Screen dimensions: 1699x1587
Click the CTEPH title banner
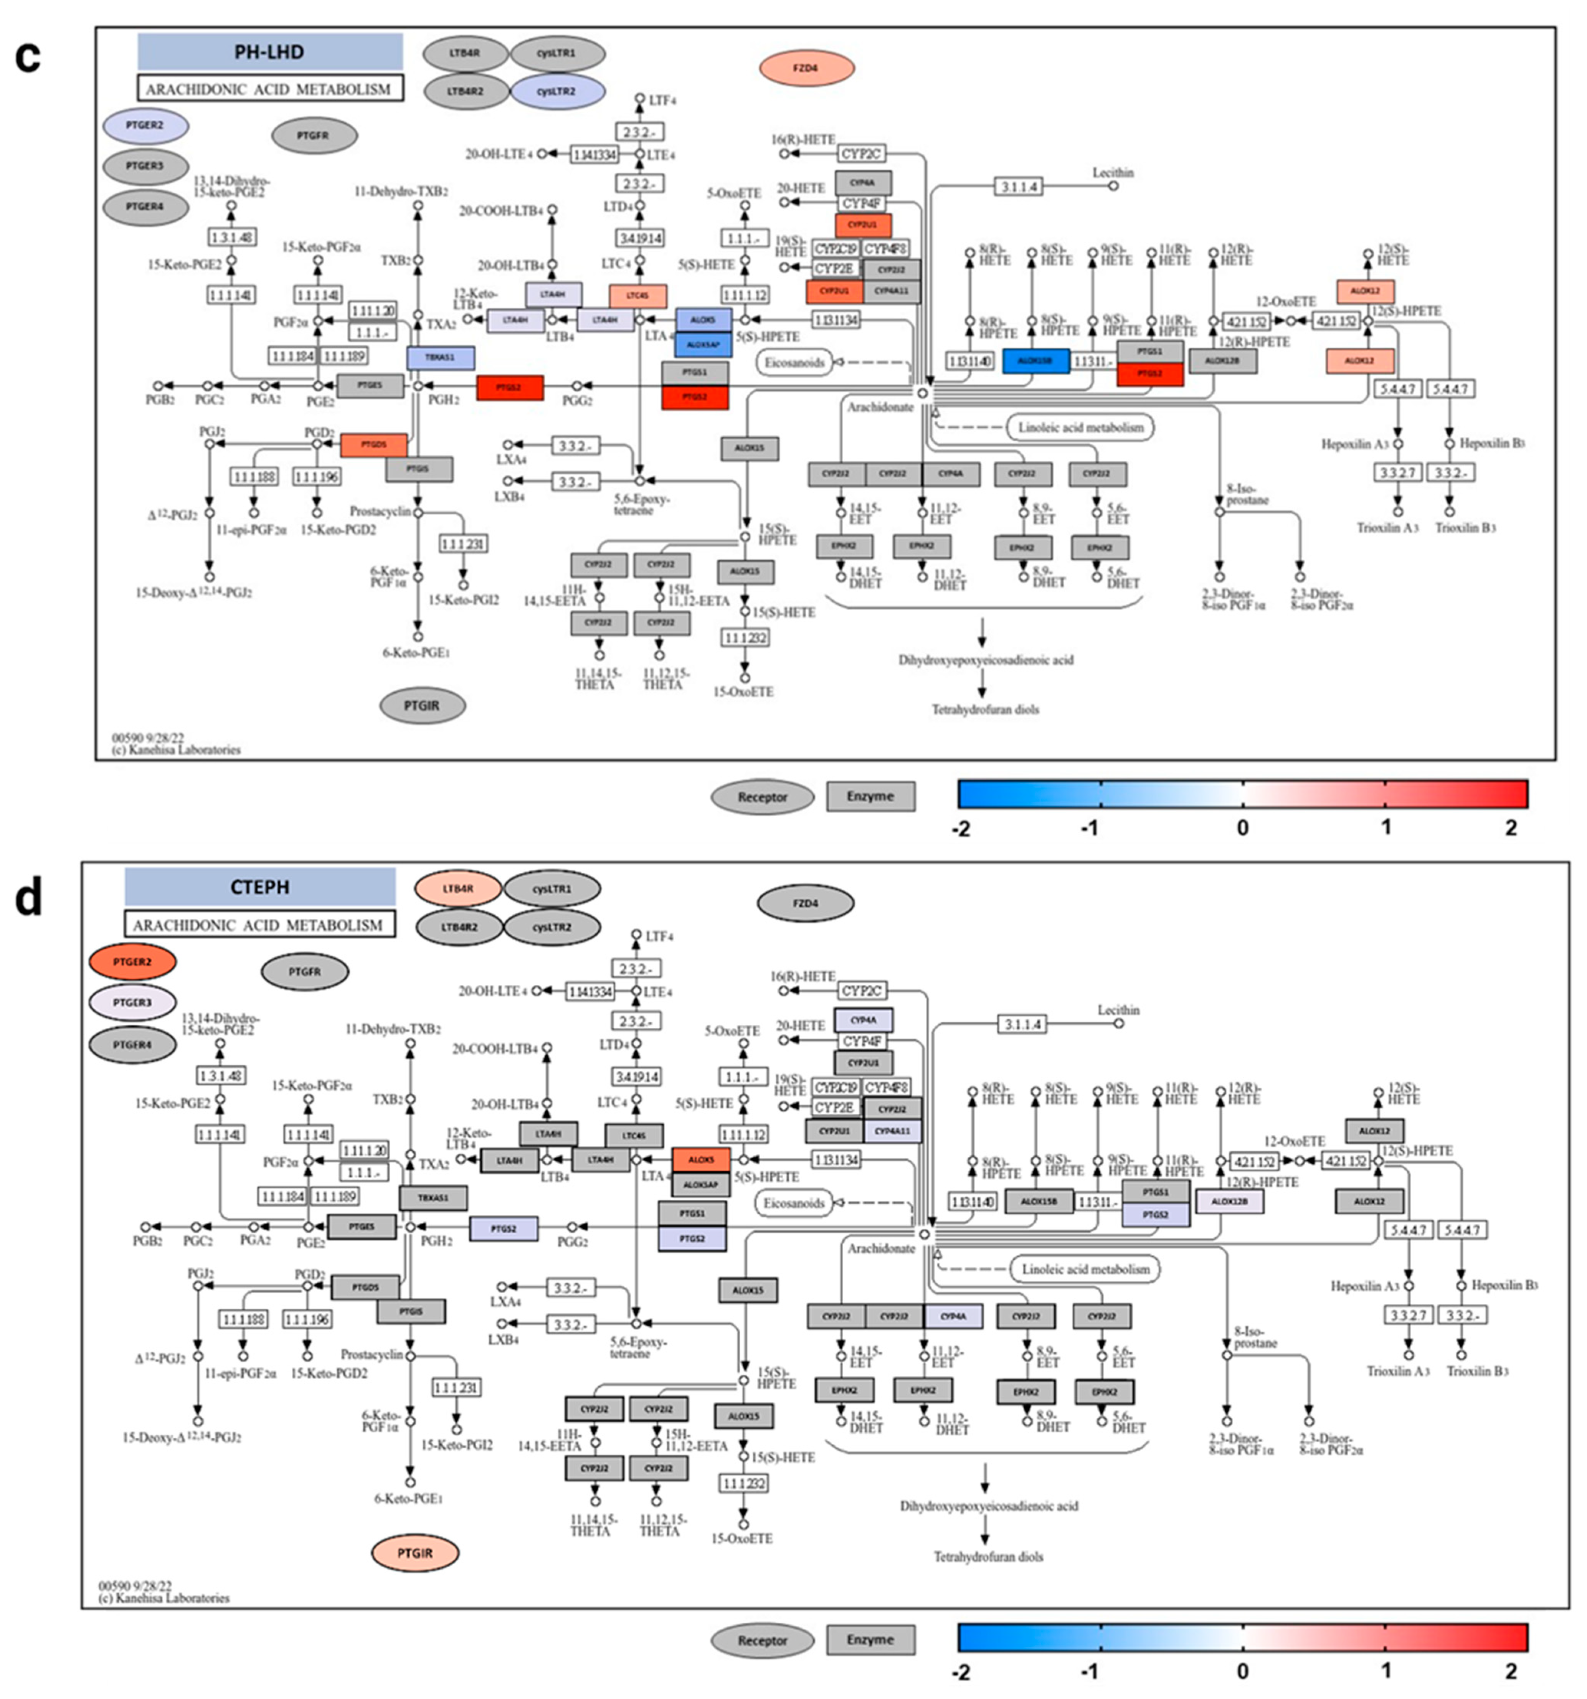260,887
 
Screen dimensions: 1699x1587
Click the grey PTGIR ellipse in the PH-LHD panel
422,706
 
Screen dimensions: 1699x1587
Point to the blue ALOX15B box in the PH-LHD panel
1035,361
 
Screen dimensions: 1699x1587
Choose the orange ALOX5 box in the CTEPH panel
701,1160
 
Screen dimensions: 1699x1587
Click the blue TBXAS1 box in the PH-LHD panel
440,357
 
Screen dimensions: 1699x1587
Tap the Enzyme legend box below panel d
870,1640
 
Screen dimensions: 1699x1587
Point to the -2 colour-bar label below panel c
961,828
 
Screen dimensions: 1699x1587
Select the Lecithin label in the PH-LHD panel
1113,173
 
